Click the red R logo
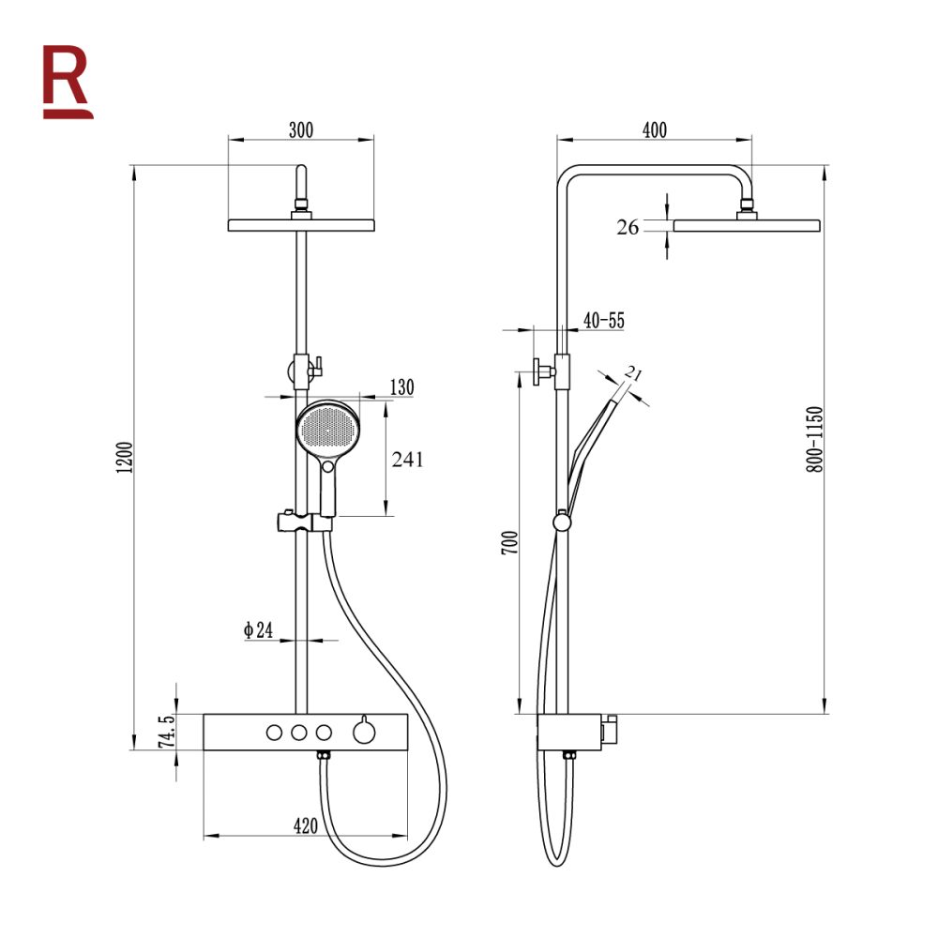67,82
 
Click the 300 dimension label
301,129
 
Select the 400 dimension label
655,129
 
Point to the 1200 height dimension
124,458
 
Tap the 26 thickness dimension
628,227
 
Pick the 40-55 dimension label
603,321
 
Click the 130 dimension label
402,387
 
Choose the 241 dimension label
407,460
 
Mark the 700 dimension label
509,542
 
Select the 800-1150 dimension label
814,440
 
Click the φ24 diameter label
258,630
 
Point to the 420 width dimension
306,826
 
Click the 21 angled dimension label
633,374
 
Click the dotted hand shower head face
327,429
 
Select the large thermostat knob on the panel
364,732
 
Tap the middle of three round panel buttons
299,733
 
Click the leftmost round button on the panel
274,733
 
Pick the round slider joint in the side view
562,522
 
